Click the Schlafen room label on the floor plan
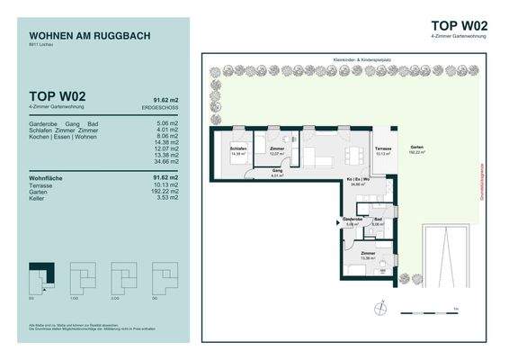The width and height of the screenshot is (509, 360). click(238, 149)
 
